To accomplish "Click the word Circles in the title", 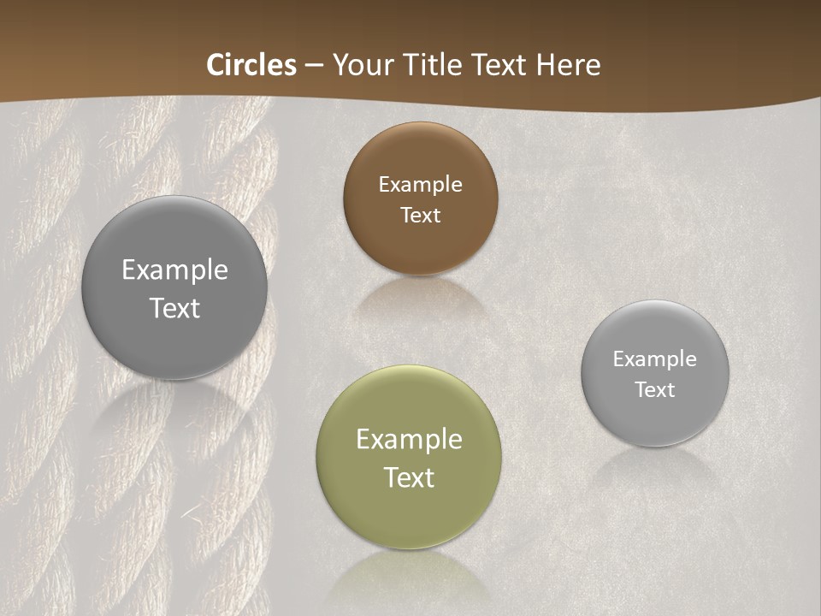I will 251,65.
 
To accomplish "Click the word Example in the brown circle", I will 420,184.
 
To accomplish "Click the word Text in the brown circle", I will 420,215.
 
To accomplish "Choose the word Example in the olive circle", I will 409,439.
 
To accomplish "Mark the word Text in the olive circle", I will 409,477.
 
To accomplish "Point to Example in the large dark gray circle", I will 174,269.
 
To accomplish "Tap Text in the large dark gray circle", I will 174,308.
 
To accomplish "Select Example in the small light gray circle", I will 655,358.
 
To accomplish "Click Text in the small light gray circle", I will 655,389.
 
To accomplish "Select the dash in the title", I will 314,65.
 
